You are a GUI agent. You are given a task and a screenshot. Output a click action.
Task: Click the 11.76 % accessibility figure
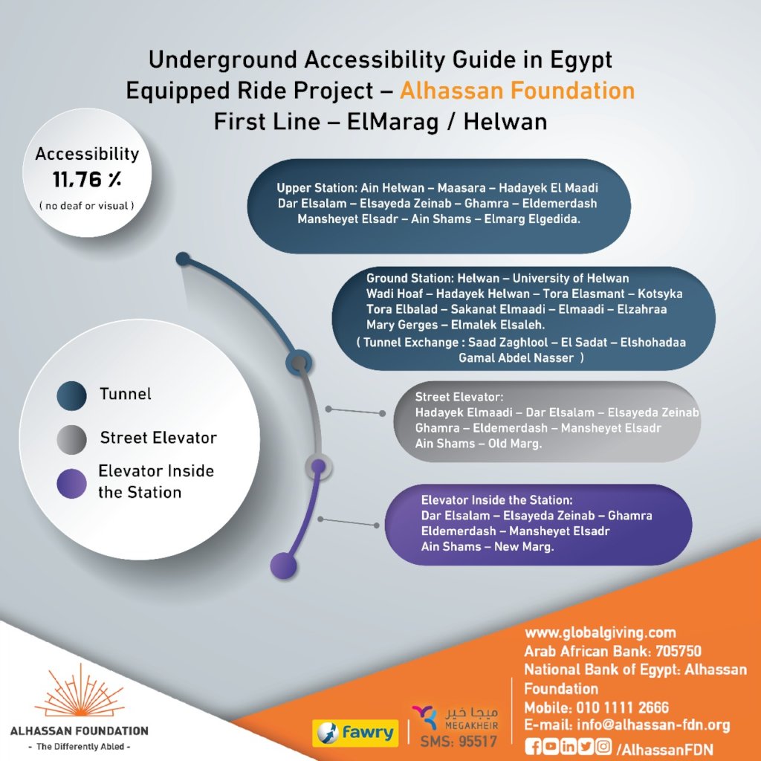(x=86, y=179)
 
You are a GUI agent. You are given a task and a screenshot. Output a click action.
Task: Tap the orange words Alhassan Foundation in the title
(x=517, y=91)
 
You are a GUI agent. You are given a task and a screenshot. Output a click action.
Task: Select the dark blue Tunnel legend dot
(x=72, y=395)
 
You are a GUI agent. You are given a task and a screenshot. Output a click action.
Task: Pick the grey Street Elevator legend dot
(x=72, y=439)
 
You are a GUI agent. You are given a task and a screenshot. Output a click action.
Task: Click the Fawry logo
(x=354, y=732)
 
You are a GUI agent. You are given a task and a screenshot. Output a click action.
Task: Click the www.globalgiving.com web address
(x=600, y=633)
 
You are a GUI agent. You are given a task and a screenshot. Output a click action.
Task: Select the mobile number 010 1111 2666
(x=621, y=707)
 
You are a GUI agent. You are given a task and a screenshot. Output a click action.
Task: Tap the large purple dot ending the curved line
(x=283, y=566)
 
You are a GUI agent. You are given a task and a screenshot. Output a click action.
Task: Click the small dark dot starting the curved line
(x=183, y=259)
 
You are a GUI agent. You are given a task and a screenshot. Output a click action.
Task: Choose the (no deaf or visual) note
(x=86, y=205)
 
